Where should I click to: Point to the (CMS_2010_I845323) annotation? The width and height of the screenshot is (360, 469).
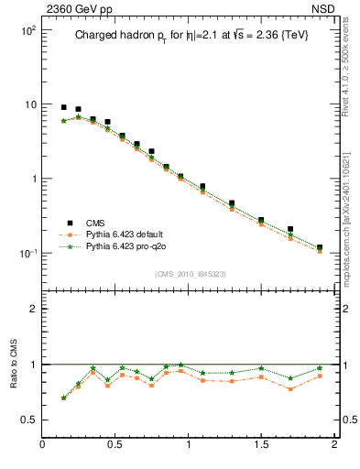[191, 274]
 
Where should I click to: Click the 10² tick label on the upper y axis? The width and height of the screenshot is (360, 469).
[27, 30]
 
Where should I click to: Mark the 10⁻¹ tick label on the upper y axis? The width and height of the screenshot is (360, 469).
[27, 254]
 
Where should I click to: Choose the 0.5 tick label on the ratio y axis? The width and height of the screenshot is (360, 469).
[28, 420]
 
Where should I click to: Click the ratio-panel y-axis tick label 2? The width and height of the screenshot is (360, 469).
[33, 309]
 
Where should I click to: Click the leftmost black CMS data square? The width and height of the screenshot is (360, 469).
[63, 107]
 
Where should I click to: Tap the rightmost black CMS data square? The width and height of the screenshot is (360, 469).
[320, 247]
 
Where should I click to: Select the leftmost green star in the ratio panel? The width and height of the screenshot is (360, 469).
[63, 398]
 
